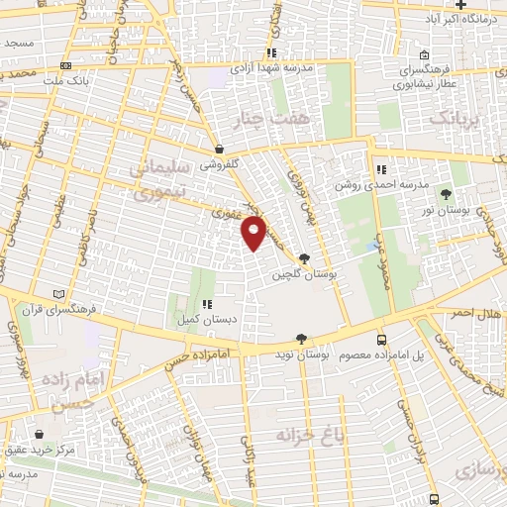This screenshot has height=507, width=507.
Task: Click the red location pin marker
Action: (x=254, y=234)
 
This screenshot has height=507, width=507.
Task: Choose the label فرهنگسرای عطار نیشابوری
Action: (x=425, y=77)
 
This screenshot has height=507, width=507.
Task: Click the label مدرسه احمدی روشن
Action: (x=405, y=185)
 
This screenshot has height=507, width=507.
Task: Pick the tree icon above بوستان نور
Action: (x=445, y=194)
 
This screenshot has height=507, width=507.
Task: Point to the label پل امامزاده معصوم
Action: (x=381, y=355)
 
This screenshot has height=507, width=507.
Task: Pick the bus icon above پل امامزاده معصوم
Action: (x=381, y=339)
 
